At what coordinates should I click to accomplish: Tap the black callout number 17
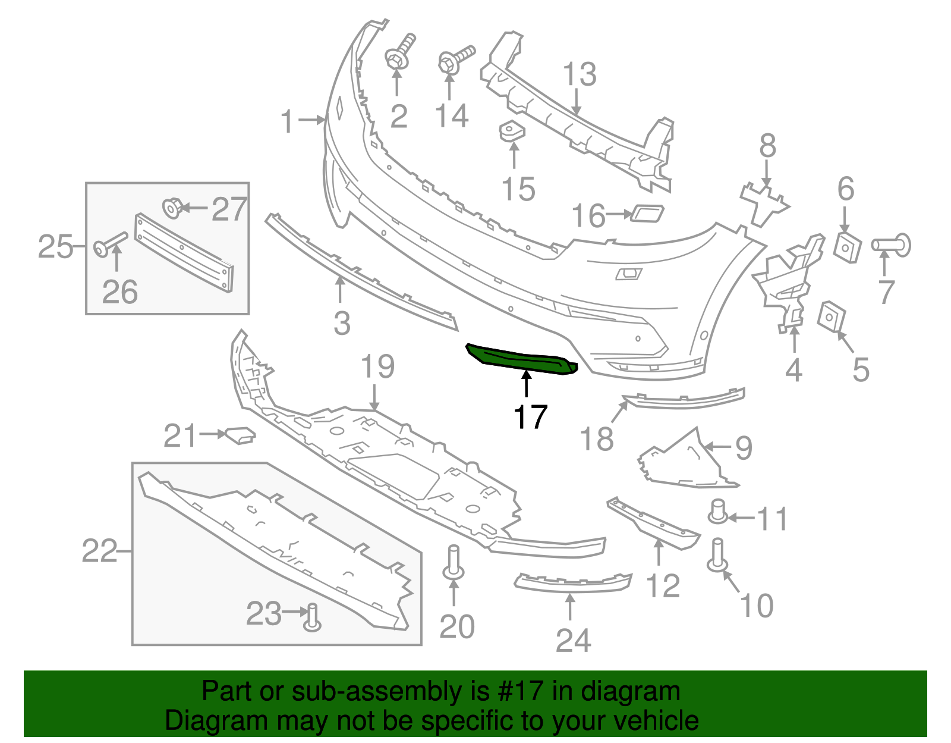pos(530,416)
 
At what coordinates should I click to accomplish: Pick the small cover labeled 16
pos(647,213)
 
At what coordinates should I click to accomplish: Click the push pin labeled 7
pos(892,245)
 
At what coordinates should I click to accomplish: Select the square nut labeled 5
pos(831,316)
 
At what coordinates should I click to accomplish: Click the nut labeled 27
pos(171,208)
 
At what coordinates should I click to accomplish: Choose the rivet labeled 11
pos(719,511)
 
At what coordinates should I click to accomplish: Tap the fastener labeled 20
pos(454,562)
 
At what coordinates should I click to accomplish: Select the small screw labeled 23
pos(313,617)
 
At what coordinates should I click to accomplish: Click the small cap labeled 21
pos(240,435)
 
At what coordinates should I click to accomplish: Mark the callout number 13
pos(579,74)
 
